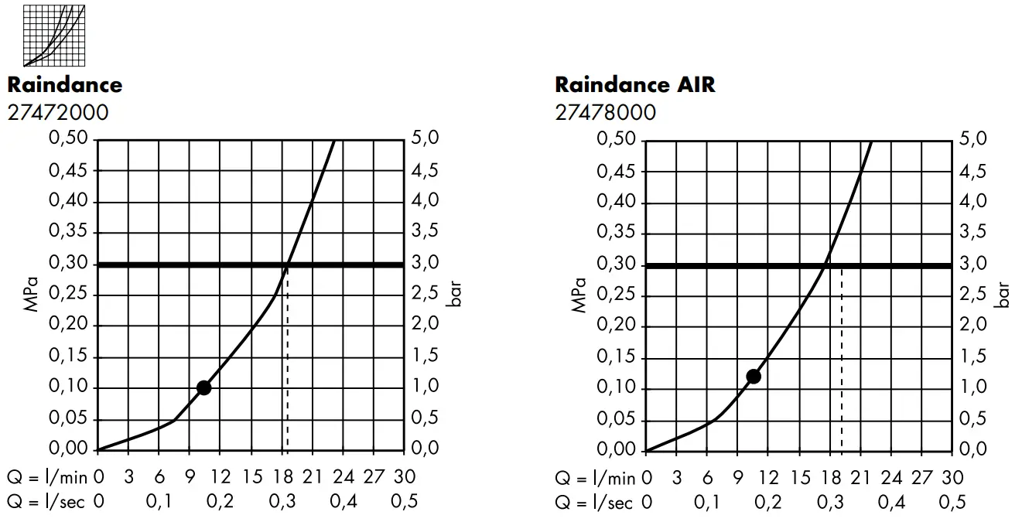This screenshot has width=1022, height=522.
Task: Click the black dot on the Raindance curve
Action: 203,387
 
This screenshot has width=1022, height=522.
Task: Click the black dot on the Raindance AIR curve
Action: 754,377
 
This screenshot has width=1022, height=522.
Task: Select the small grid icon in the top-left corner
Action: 54,36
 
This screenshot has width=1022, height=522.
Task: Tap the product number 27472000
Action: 58,113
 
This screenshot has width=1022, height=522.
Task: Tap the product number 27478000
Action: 605,113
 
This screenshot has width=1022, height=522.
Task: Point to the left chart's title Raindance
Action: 65,84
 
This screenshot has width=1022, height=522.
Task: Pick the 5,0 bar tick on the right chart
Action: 973,140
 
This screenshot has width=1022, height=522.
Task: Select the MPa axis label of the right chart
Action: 580,295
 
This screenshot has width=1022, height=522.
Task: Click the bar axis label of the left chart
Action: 455,295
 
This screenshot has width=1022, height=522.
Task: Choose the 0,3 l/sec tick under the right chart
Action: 829,503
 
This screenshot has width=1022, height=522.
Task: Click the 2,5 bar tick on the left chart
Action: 425,295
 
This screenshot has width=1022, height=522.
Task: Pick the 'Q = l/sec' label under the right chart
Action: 593,503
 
